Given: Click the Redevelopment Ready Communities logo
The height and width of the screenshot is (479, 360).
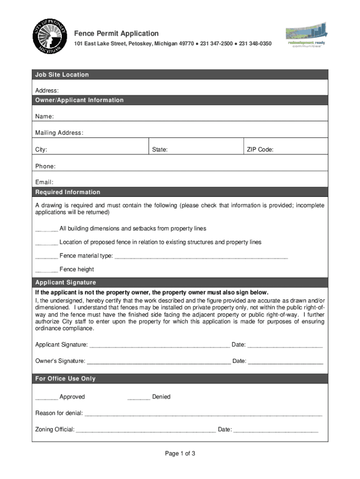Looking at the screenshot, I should pos(306,36).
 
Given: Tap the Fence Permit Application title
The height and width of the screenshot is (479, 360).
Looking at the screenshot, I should pos(116,34).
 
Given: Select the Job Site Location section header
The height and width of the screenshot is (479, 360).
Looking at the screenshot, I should pos(62,75).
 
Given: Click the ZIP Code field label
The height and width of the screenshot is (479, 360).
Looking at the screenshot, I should pos(260,150).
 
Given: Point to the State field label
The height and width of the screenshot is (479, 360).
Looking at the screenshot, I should pos(160,150).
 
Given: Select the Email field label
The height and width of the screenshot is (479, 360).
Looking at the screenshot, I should pos(44,182).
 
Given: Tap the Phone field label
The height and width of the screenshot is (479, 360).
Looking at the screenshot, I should pos(45,167).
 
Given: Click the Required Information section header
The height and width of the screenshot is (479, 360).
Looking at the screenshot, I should pos(68,192).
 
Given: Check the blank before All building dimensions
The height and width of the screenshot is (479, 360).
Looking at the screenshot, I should pos(46,229).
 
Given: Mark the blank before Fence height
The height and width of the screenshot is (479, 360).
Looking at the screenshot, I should pos(46,270).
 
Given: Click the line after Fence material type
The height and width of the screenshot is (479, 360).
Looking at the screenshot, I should pos(201,256).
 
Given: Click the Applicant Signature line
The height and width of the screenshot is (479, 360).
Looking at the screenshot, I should pos(159,346).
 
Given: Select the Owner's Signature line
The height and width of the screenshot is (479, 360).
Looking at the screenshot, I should pos(158,362).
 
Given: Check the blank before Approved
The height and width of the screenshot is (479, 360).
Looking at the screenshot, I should pos(46,398).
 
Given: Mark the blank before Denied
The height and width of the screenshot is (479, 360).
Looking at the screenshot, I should pos(139,398).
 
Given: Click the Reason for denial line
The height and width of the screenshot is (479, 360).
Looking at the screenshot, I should pos(203,414).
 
